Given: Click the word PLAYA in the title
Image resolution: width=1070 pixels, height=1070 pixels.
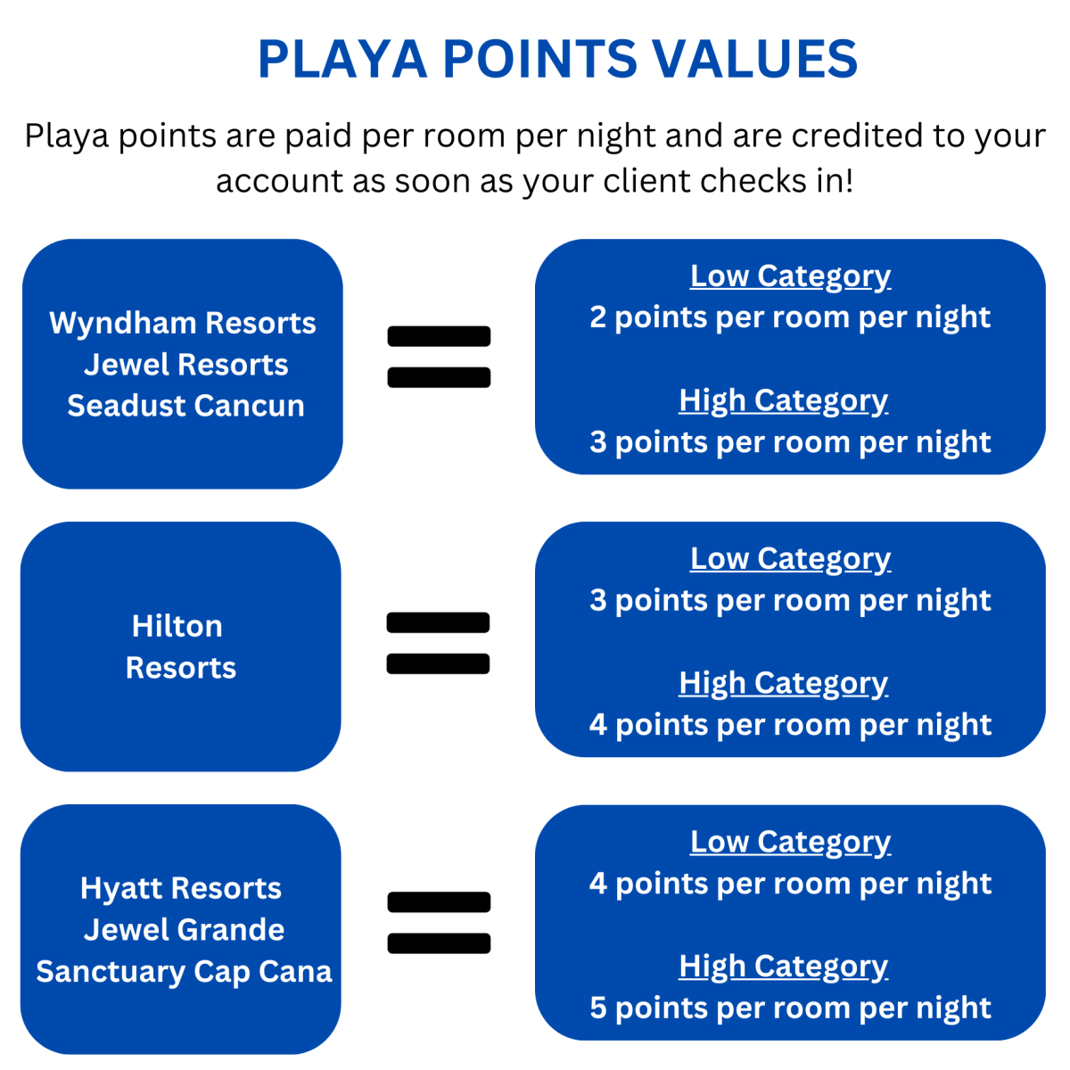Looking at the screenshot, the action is coord(342,59).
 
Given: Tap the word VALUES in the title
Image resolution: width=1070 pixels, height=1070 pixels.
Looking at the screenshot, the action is coord(754,59).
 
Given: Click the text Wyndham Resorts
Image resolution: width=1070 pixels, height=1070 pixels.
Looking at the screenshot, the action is coord(183,323).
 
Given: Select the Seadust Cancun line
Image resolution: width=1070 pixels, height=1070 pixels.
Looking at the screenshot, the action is coord(186,406).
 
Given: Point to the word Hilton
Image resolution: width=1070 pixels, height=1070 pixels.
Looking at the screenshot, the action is coord(177,626).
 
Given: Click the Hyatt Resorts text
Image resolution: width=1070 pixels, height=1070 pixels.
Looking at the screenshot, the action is coord(181,888).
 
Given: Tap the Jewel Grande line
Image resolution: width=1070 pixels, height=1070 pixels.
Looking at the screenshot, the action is coord(184,929).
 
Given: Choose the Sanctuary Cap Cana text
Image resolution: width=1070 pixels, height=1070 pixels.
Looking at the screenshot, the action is coord(184,972).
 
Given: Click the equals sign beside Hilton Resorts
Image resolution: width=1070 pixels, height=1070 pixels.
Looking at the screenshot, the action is coord(438,643).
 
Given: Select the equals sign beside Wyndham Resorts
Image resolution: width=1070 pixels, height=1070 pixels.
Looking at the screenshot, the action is coord(439,357).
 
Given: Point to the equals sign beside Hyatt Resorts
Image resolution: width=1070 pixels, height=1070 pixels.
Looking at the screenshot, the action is coord(439,923).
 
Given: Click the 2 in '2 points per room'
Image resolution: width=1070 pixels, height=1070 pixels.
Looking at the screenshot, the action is coord(598,317).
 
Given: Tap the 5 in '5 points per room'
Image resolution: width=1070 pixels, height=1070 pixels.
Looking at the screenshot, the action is coord(598,1008).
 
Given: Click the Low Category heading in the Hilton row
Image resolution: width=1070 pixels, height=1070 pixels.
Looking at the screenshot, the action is coord(791,559).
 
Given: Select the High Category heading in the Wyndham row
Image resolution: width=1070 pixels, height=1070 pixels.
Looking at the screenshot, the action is coord(784,401).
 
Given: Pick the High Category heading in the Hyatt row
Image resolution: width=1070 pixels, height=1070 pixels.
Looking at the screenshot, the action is coord(784,967).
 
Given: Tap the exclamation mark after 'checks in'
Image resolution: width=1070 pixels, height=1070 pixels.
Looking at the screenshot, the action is coord(849,181).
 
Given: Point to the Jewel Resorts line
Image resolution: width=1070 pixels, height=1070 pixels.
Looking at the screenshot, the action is coord(186,365).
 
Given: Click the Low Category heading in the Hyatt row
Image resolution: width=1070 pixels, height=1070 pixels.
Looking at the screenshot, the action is coord(791,843).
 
